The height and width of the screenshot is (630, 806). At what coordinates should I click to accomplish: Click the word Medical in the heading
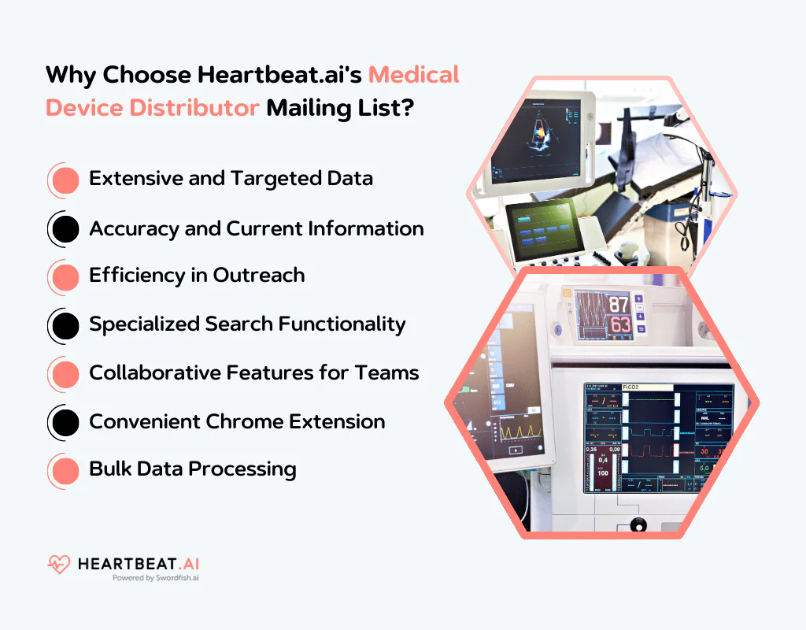click(x=414, y=76)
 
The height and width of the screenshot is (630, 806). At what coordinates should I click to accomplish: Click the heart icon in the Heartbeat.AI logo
click(x=59, y=564)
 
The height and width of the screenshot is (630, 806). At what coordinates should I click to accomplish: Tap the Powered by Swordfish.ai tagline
click(x=155, y=578)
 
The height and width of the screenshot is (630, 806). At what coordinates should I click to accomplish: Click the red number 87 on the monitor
click(x=619, y=305)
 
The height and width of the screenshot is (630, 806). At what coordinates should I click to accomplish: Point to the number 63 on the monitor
click(x=619, y=324)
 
